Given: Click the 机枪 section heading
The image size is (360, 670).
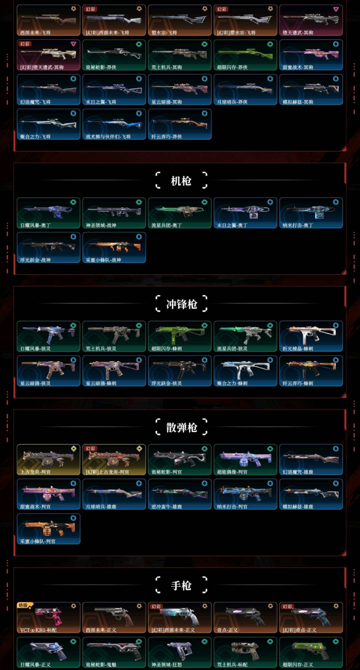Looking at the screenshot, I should point(181,181).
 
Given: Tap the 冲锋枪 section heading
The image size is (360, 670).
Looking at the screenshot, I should point(182,304).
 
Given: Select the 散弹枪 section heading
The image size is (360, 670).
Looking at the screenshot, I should point(182,427).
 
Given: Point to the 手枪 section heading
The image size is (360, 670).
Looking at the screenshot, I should point(181,585).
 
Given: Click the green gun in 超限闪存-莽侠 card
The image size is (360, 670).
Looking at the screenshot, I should point(245,53).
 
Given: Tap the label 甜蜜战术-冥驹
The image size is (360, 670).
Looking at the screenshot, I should point(298,67).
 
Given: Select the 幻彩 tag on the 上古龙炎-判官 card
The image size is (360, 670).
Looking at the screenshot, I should point(91,448).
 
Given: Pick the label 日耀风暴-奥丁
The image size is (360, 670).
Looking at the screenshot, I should point(35,225).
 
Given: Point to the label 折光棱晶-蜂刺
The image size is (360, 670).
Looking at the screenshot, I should point(298,348).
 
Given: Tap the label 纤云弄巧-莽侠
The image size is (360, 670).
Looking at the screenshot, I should point(166,137).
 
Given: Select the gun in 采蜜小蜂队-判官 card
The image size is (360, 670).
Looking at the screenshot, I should point(48,528).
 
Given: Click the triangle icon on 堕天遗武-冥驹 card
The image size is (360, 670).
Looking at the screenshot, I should point(336,9).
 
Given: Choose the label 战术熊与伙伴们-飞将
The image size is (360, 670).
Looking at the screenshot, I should point(108,137).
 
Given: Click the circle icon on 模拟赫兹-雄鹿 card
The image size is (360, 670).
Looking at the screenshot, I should point(336,483).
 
